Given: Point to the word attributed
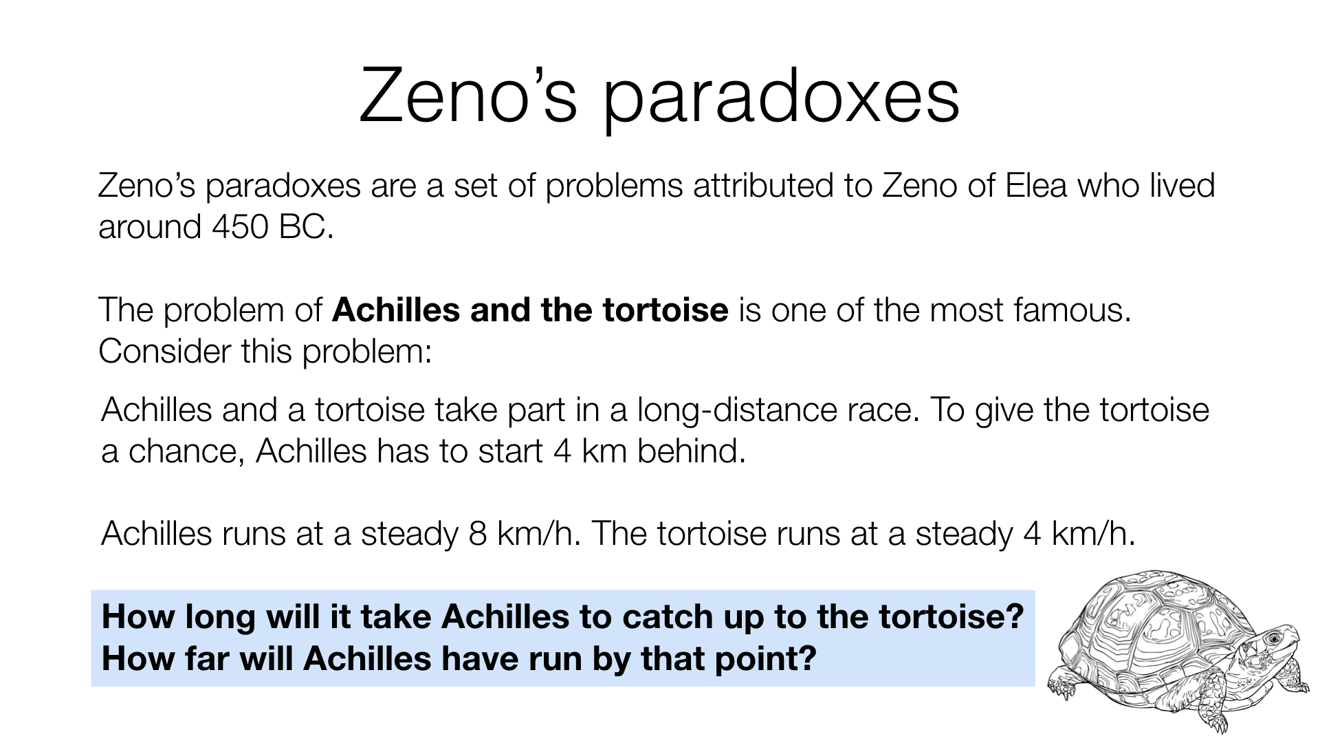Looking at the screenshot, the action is click(x=764, y=185).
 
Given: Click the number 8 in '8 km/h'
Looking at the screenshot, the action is click(x=478, y=534).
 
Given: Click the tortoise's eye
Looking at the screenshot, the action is click(x=1273, y=638).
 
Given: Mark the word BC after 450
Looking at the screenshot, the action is click(x=306, y=226).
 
